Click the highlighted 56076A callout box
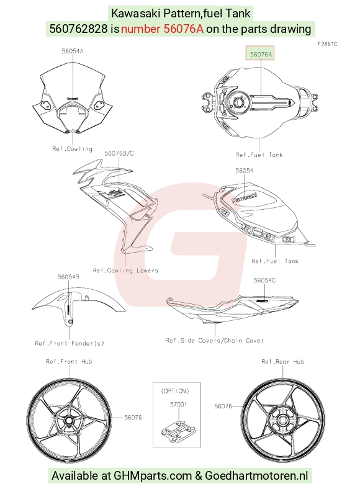[x=260, y=53]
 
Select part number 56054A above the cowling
[x=73, y=51]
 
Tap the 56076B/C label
[x=119, y=153]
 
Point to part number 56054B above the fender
[x=68, y=277]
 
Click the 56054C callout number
[x=264, y=280]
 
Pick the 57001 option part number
[x=178, y=404]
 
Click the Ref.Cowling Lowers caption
[x=125, y=271]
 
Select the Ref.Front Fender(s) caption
[x=70, y=343]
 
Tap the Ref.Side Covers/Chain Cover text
[x=215, y=340]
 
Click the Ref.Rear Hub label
[x=282, y=361]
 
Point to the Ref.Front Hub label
[x=69, y=361]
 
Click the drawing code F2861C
[x=327, y=44]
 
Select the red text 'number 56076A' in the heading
[x=162, y=29]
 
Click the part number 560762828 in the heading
[x=79, y=29]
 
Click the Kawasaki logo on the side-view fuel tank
[x=245, y=198]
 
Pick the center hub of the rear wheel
[x=282, y=420]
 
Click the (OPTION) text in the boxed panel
[x=175, y=391]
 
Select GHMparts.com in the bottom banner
[x=153, y=475]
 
